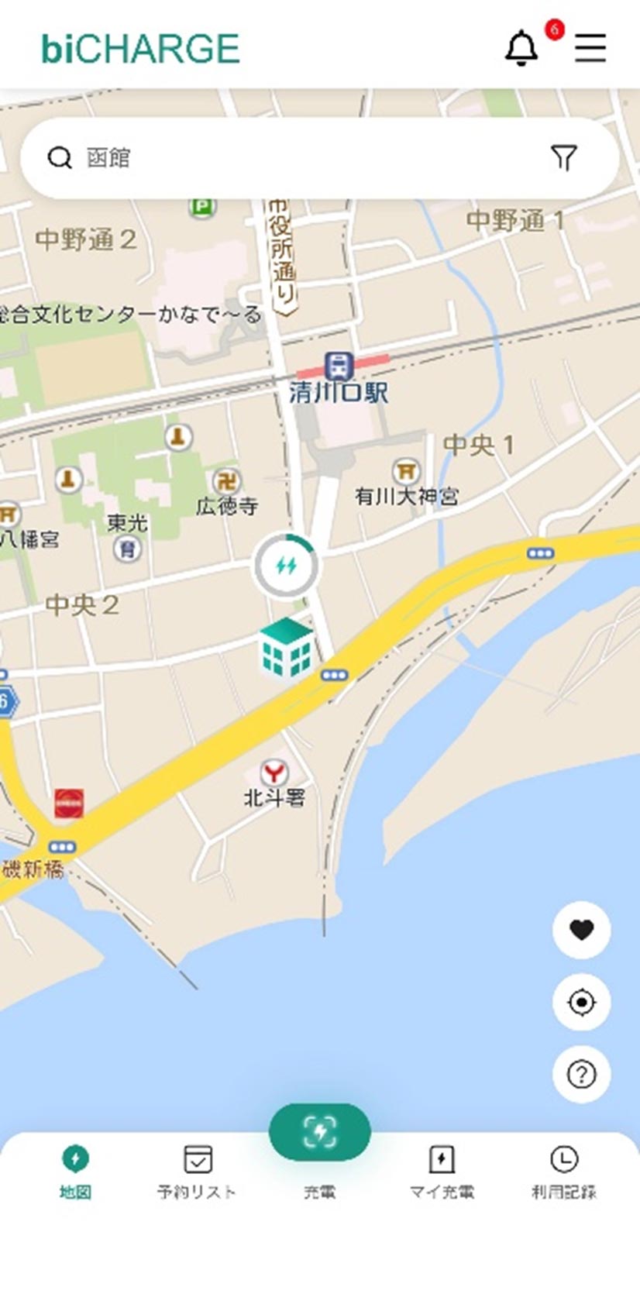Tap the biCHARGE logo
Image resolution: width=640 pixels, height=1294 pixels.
[140, 49]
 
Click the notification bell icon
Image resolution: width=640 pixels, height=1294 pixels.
[521, 48]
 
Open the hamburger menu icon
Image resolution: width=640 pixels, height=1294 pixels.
[590, 48]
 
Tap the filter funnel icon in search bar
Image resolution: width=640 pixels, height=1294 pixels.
[564, 158]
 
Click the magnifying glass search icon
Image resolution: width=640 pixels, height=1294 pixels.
[59, 158]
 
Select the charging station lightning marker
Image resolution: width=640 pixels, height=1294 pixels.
[286, 566]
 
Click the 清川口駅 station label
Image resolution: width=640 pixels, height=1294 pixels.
[339, 392]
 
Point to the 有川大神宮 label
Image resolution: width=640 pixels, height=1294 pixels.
[407, 496]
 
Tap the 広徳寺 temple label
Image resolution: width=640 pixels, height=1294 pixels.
[227, 506]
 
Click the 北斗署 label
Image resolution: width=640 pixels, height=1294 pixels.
[274, 797]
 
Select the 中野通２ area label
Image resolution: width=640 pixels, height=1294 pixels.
[86, 239]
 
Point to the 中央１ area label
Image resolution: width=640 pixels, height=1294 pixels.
[478, 445]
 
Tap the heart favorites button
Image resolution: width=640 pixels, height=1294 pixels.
[582, 929]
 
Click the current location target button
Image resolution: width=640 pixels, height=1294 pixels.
[582, 1002]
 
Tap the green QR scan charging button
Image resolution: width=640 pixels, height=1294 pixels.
[319, 1132]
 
